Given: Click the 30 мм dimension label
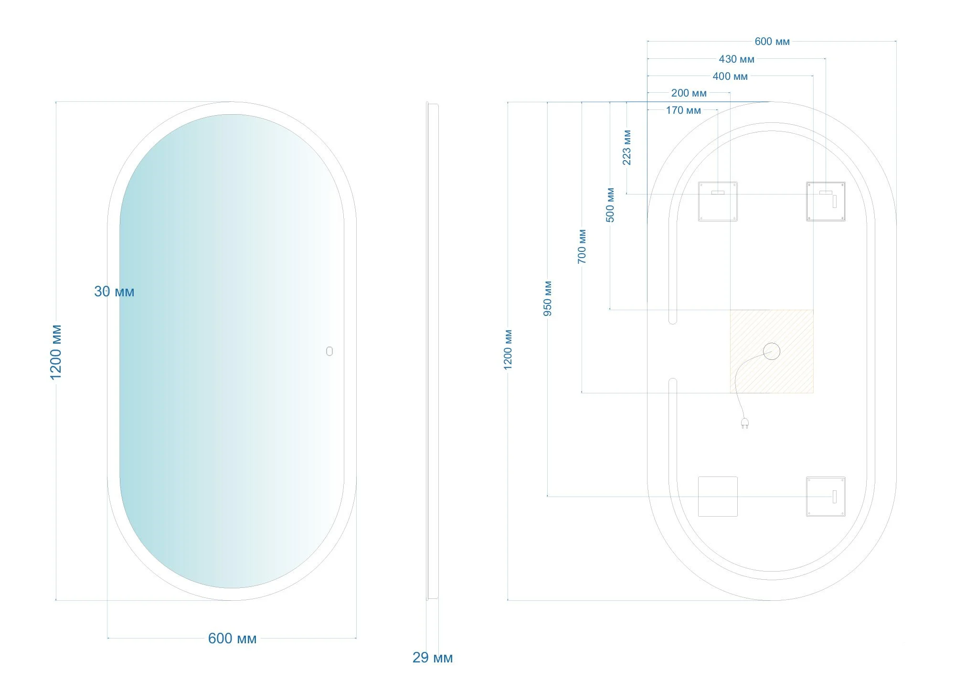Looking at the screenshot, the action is (x=114, y=292).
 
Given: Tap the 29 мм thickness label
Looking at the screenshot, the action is (x=433, y=658).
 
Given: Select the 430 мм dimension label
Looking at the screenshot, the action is (x=737, y=59).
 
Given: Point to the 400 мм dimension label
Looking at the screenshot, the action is (x=730, y=76).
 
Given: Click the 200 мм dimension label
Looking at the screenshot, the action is (x=689, y=93).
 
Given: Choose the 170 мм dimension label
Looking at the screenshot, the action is (x=684, y=110).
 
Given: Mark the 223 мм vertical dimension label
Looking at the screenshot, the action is (x=627, y=148).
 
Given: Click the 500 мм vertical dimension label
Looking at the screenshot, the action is (x=610, y=205).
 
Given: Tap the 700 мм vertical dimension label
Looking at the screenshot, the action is (x=582, y=247).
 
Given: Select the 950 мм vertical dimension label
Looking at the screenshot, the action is (x=548, y=299).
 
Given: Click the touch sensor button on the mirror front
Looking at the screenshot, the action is (x=329, y=351).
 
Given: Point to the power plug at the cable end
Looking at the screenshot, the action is (x=744, y=423).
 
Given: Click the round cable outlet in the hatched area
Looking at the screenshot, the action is (x=772, y=351).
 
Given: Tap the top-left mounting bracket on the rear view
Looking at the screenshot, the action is (x=718, y=201).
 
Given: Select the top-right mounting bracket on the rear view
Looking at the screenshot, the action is (x=826, y=201).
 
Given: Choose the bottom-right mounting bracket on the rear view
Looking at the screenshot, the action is (x=826, y=496).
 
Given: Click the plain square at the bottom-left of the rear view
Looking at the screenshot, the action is (x=718, y=496).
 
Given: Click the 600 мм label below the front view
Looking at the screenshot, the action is (x=232, y=639).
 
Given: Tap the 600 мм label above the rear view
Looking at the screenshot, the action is (x=772, y=42).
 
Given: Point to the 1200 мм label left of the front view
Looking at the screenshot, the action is (x=56, y=352).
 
